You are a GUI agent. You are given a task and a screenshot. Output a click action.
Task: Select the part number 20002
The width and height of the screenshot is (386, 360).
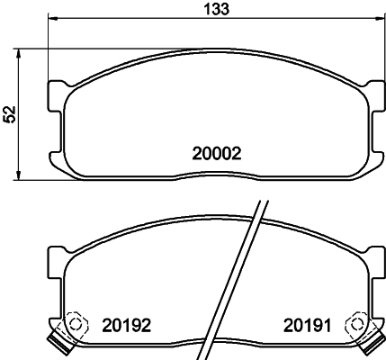pyautogui.click(x=219, y=154)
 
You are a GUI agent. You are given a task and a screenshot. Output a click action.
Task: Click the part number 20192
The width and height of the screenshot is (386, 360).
pyautogui.click(x=126, y=324)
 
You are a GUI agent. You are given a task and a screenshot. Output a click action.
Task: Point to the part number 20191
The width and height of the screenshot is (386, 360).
pyautogui.click(x=310, y=324)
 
